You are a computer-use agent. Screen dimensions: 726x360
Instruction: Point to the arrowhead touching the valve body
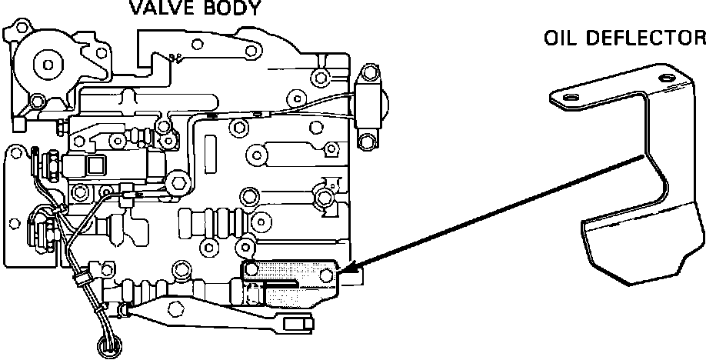pyautogui.click(x=344, y=271)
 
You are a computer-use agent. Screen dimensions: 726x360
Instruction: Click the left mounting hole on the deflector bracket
pyautogui.click(x=570, y=98)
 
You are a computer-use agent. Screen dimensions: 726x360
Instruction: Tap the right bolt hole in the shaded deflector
pyautogui.click(x=328, y=274)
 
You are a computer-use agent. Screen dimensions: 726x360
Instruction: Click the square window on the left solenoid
pyautogui.click(x=97, y=163)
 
